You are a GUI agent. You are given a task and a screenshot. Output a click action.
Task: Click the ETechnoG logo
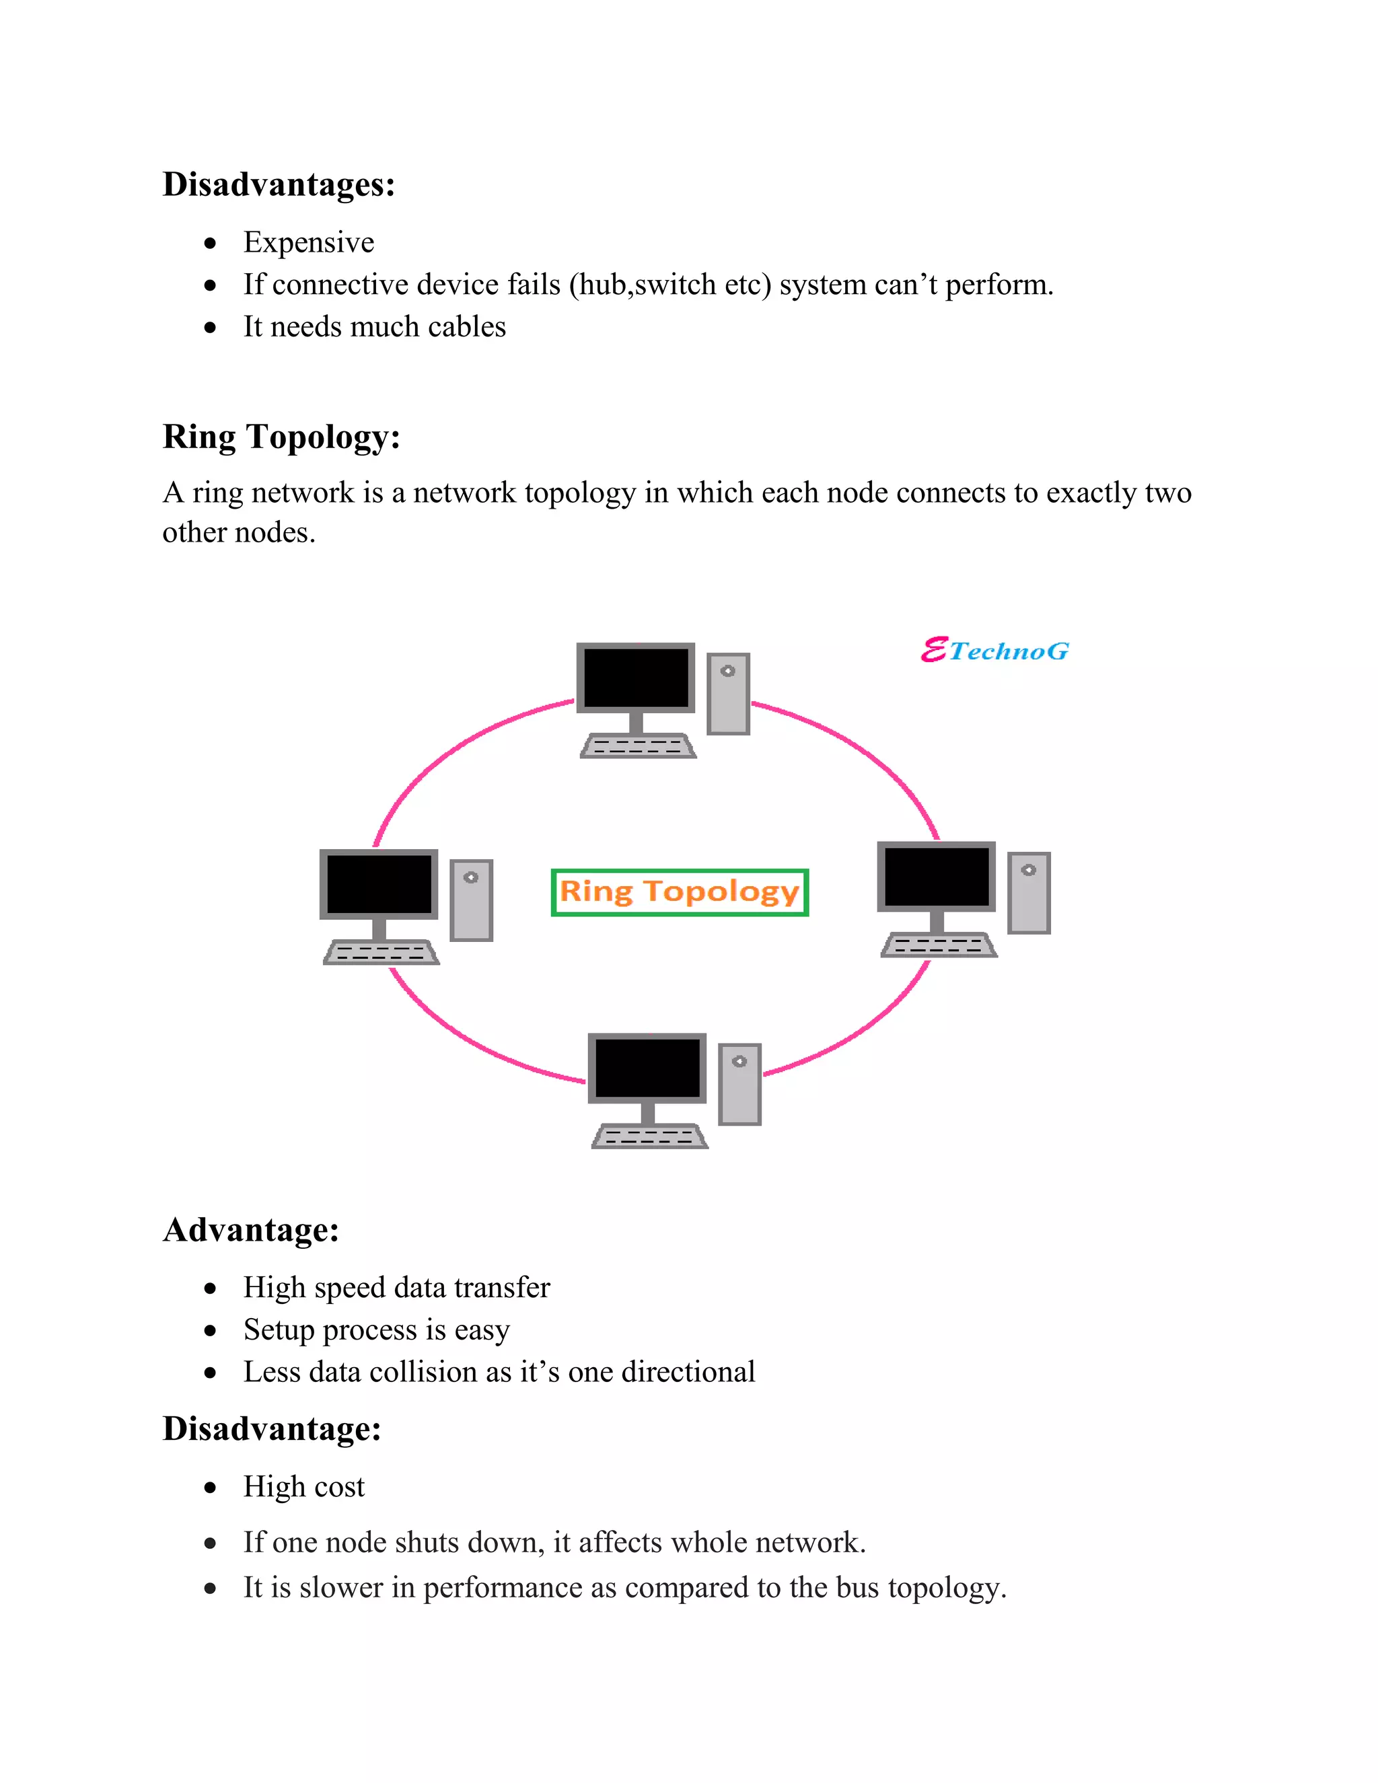click(994, 651)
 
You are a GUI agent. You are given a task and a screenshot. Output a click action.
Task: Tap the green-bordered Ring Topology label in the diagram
click(679, 892)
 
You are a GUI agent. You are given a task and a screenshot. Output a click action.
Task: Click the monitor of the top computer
click(636, 678)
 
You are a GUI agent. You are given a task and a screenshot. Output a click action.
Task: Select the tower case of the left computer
click(471, 900)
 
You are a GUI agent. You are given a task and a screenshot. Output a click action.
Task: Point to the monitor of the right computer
click(937, 876)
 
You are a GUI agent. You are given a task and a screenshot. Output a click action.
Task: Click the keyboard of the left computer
click(380, 952)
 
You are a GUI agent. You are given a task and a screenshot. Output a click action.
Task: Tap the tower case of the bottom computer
click(739, 1084)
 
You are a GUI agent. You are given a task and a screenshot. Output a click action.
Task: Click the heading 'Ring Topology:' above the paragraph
click(281, 437)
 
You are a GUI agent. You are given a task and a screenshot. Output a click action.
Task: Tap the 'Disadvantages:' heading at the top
click(279, 184)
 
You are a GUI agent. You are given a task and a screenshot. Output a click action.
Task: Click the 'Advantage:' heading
click(250, 1229)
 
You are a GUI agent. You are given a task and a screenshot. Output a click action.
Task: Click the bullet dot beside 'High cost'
click(211, 1488)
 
